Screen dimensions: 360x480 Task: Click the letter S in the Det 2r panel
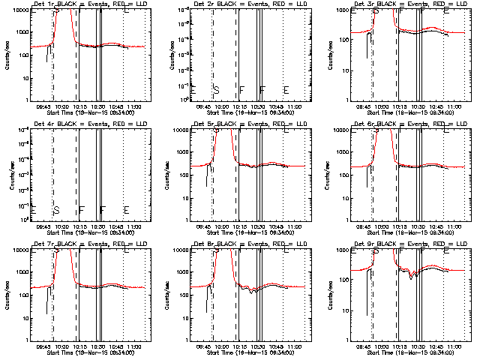point(216,90)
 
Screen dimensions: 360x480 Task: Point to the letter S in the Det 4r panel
point(56,210)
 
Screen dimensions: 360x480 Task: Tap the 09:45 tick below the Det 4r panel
point(43,226)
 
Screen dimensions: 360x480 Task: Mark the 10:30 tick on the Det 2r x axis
point(256,106)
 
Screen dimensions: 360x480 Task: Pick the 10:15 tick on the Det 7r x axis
point(79,346)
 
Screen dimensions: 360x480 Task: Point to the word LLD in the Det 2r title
point(291,4)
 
